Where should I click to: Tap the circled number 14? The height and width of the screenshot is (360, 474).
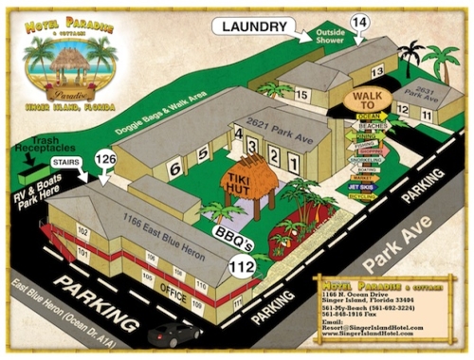click(x=359, y=21)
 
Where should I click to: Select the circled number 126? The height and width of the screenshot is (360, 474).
click(x=107, y=158)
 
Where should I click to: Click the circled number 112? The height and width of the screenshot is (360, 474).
click(x=243, y=268)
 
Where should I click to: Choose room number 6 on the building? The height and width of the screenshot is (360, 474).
click(x=174, y=168)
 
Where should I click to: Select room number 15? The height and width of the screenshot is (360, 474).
click(x=301, y=95)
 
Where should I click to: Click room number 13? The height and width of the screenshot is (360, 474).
click(x=376, y=71)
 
